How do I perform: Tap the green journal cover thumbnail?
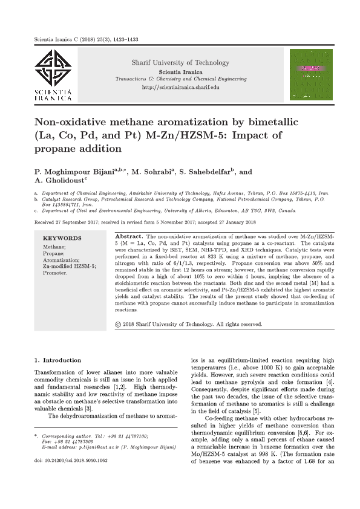point(311,74)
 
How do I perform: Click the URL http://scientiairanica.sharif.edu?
point(180,88)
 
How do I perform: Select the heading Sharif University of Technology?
point(180,62)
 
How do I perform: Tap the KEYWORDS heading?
point(62,238)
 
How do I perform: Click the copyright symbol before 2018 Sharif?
point(118,325)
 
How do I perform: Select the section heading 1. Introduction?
point(57,360)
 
